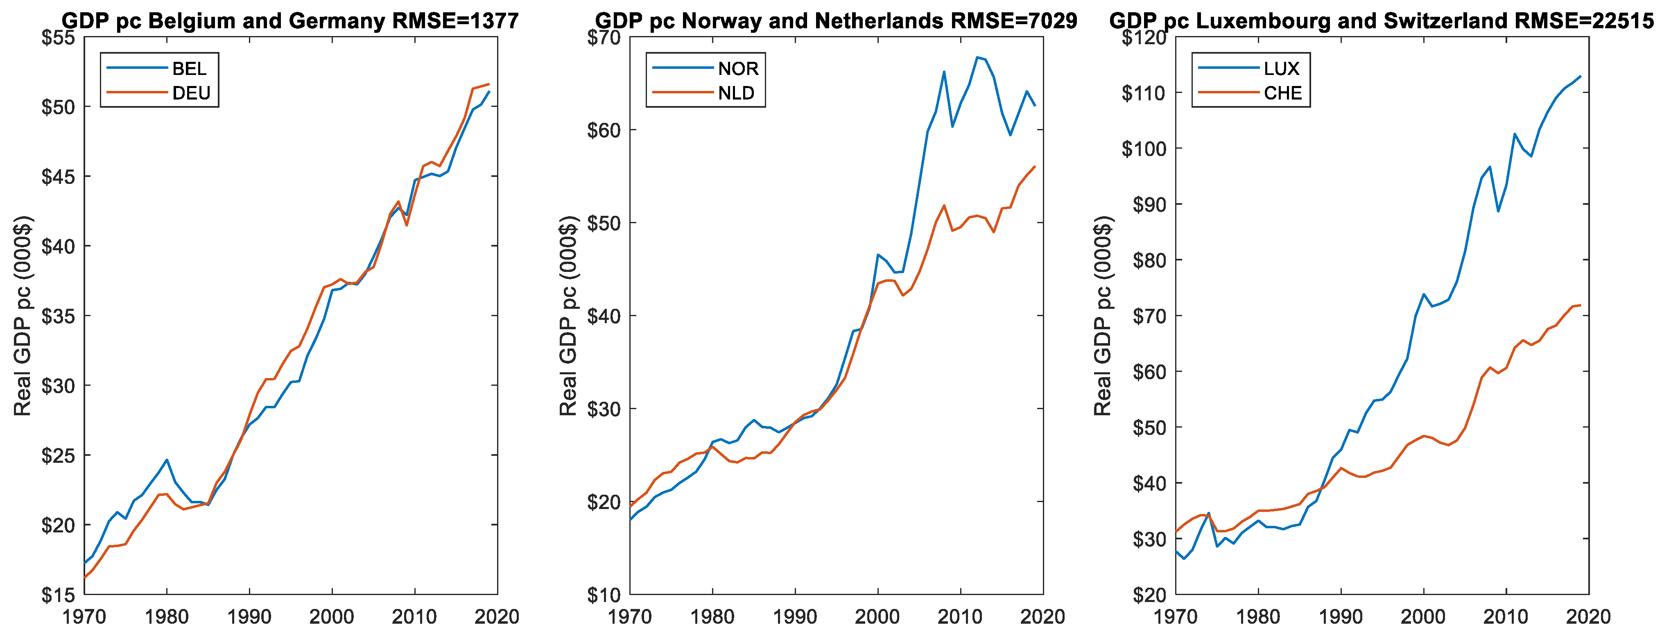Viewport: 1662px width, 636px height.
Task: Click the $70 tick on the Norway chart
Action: (604, 37)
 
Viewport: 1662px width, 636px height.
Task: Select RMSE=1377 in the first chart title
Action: (455, 21)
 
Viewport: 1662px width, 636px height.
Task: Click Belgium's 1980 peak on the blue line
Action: (167, 460)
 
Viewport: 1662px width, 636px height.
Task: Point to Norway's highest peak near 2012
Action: (977, 57)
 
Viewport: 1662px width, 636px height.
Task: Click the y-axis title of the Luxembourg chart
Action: (1103, 316)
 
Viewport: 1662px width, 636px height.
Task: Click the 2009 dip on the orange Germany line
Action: (407, 225)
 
